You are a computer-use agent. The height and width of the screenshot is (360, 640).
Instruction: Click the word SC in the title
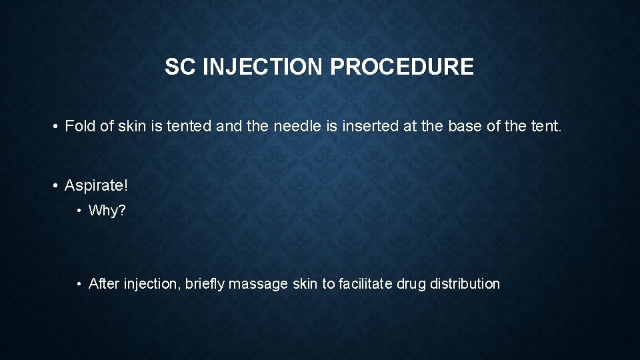pyautogui.click(x=177, y=67)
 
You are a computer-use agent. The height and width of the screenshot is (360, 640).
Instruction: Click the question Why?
pyautogui.click(x=107, y=211)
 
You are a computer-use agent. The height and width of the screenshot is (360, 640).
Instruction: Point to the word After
pyautogui.click(x=104, y=284)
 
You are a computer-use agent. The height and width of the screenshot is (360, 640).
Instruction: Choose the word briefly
pyautogui.click(x=201, y=284)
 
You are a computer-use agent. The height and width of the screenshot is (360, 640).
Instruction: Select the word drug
pyautogui.click(x=411, y=284)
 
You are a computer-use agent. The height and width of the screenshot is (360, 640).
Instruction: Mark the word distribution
pyautogui.click(x=465, y=284)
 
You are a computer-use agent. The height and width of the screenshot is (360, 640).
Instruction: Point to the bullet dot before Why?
pyautogui.click(x=79, y=211)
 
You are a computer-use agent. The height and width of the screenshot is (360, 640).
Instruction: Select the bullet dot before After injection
pyautogui.click(x=79, y=285)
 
